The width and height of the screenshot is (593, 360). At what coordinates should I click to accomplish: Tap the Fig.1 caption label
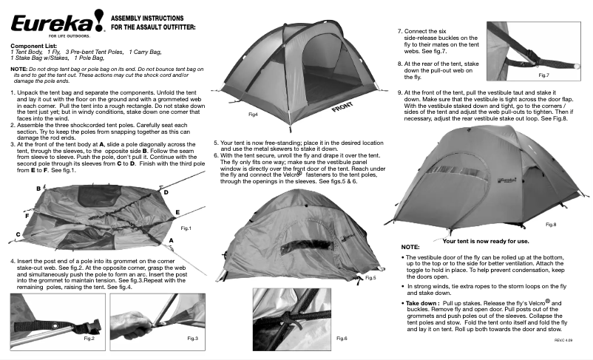pyautogui.click(x=186, y=228)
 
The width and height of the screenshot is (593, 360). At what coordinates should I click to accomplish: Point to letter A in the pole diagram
pyautogui.click(x=172, y=241)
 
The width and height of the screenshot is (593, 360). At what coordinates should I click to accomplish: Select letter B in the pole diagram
pyautogui.click(x=38, y=189)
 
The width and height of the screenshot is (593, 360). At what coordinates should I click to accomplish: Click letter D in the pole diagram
pyautogui.click(x=166, y=192)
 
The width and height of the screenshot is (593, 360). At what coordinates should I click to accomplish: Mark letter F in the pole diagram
pyautogui.click(x=27, y=217)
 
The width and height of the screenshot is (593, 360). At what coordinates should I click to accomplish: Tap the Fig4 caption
pyautogui.click(x=253, y=115)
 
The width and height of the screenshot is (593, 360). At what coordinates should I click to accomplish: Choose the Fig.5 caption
pyautogui.click(x=370, y=278)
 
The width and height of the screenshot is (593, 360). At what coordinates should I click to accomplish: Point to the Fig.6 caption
pyautogui.click(x=342, y=338)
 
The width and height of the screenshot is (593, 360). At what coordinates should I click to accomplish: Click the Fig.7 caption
pyautogui.click(x=543, y=76)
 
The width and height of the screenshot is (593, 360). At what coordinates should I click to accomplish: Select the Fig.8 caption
pyautogui.click(x=551, y=223)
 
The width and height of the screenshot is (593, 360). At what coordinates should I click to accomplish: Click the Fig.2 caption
pyautogui.click(x=89, y=338)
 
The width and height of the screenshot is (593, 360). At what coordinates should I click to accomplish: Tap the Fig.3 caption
pyautogui.click(x=193, y=338)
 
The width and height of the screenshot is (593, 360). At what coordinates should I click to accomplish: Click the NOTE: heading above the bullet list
pyautogui.click(x=410, y=246)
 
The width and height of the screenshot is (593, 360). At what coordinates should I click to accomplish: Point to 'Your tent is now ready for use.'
pyautogui.click(x=485, y=241)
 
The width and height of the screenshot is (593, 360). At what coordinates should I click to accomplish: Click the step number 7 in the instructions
pyautogui.click(x=400, y=32)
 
